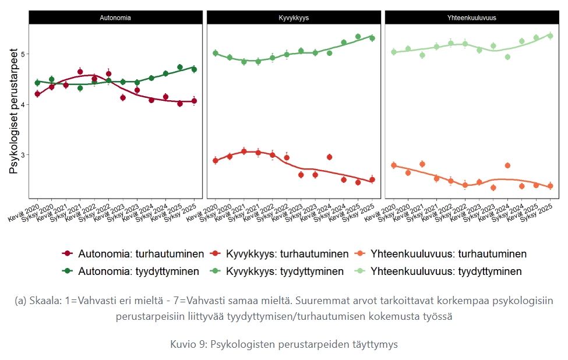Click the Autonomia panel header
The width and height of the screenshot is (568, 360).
[114, 17]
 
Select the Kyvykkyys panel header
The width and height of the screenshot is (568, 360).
[293, 17]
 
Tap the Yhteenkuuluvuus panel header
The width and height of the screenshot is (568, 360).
[472, 17]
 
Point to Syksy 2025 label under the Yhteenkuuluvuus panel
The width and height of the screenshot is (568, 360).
[539, 210]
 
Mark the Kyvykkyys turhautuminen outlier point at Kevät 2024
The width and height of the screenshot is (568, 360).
[330, 157]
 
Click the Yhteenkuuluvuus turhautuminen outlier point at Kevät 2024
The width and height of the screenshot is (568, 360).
[507, 165]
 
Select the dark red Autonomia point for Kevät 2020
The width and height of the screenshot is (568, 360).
[37, 94]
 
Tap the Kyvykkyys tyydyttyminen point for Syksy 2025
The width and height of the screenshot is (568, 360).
[372, 38]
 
